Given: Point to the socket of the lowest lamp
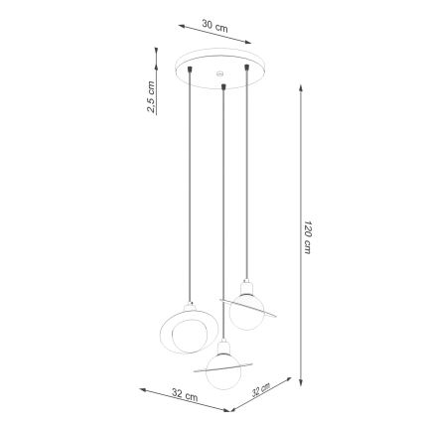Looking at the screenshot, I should coord(224,351).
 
